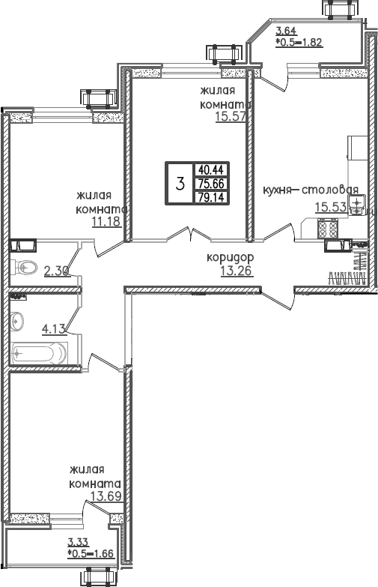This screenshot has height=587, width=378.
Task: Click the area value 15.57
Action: tap(231, 117)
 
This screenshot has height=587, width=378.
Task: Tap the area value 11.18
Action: tap(106, 222)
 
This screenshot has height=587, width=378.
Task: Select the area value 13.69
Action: tap(106, 496)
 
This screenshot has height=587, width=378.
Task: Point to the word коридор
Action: tap(231, 258)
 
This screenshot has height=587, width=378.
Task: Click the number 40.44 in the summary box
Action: tap(211, 170)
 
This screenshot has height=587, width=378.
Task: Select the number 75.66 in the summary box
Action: tap(211, 184)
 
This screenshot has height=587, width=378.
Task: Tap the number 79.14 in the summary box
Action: tap(211, 197)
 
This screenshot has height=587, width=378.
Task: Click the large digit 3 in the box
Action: tap(180, 184)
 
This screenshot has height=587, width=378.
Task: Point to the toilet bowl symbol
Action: tap(23, 267)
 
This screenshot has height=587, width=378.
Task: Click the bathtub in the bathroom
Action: tap(39, 352)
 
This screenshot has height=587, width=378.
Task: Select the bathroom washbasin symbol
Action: tap(17, 321)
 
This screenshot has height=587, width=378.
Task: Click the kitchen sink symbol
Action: tap(357, 205)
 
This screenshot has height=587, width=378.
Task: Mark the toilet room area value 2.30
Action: tap(57, 271)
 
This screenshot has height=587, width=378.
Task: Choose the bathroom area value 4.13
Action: tap(54, 329)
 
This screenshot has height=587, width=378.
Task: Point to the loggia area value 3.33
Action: tap(78, 542)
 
